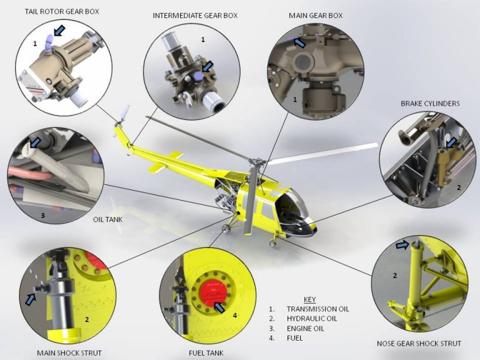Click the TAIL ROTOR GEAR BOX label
(x=62, y=11)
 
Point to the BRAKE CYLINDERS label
(x=430, y=103)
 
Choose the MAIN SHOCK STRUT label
(x=64, y=352)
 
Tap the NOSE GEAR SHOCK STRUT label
(x=419, y=343)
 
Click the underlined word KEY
(x=309, y=299)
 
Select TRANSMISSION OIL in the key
(x=317, y=309)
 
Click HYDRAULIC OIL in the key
(x=312, y=319)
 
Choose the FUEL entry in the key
(x=294, y=338)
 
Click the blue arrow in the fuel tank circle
(x=219, y=306)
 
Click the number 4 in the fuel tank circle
(x=235, y=316)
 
